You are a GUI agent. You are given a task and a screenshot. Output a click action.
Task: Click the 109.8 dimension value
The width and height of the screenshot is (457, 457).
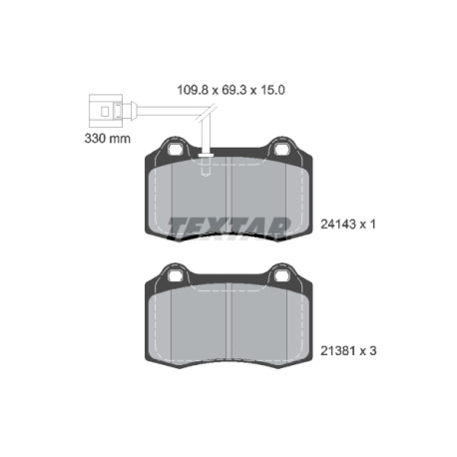[193, 90]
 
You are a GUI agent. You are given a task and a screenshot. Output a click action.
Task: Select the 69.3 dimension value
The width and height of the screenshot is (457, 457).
[234, 90]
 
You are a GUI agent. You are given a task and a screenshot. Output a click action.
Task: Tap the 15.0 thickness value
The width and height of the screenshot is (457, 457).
[272, 90]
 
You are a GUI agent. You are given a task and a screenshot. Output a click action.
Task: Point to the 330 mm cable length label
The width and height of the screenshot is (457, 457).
[108, 139]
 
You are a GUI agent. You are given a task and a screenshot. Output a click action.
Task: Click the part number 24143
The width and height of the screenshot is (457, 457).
[338, 225]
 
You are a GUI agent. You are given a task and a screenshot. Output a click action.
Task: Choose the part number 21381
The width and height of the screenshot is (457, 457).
[338, 351]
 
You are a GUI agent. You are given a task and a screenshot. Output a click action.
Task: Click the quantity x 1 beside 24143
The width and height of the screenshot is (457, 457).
[368, 225]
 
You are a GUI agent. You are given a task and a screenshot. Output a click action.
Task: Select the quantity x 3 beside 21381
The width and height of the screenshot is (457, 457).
[368, 351]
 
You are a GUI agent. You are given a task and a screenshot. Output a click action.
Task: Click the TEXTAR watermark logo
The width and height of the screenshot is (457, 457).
[228, 228]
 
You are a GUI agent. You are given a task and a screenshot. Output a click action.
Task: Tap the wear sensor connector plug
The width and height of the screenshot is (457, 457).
[106, 111]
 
